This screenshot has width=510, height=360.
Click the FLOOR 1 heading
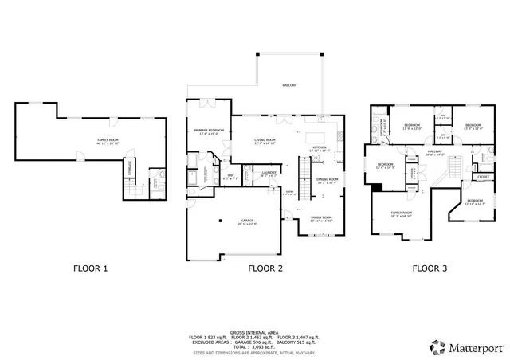pos(90,268)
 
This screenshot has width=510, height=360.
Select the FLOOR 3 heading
pos(430,268)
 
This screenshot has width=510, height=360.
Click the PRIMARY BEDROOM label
pos(209,131)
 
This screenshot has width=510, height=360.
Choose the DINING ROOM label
pos(328,181)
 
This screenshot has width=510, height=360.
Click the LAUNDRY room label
pos(269,174)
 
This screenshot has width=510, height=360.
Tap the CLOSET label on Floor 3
pos(484,177)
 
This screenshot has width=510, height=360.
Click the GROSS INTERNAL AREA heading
pos(254,332)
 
